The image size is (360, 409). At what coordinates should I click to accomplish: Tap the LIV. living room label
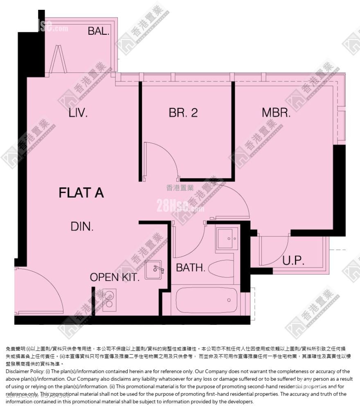click(x=78, y=113)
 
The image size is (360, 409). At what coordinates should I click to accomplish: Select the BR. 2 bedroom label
click(x=183, y=113)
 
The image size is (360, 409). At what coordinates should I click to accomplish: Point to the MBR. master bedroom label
click(x=276, y=113)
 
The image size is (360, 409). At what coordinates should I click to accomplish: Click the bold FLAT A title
click(x=81, y=193)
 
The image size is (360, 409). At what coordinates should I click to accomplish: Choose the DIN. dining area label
click(x=82, y=226)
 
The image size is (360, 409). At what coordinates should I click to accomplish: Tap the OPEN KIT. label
click(x=115, y=277)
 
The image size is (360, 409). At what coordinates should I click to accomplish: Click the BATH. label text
click(x=190, y=268)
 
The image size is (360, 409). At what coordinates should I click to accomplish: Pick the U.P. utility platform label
click(x=293, y=261)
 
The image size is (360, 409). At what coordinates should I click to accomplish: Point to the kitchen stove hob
click(x=109, y=299)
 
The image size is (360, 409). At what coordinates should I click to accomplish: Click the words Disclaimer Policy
click(x=24, y=371)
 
